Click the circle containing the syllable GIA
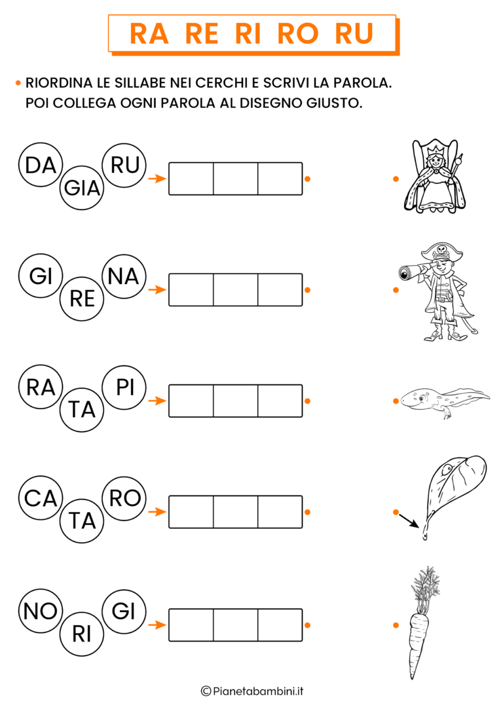pos(82,189)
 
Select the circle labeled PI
pos(124,388)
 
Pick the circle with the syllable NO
pos(41,611)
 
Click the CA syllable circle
pos(41,499)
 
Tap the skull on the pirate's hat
pos(441,249)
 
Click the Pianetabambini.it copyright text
pos(251,691)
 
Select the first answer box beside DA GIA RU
pos(191,179)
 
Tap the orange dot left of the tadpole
pos(396,401)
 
